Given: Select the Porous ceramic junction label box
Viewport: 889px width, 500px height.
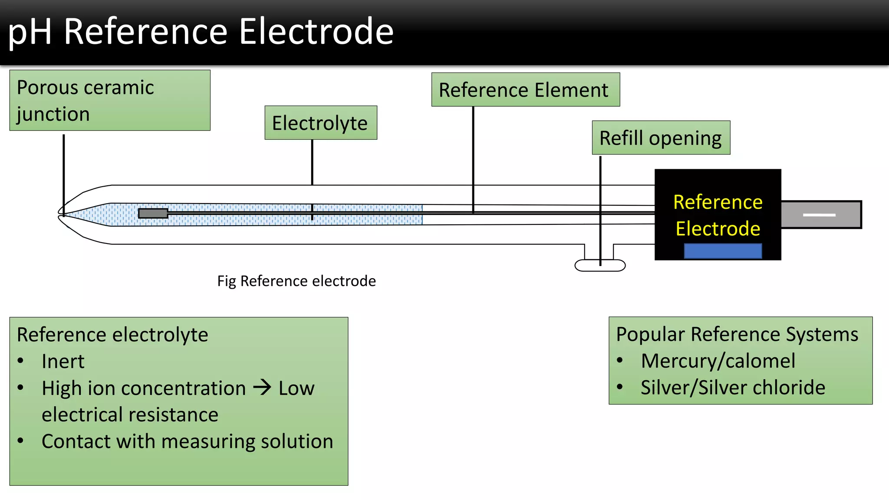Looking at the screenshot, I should click(110, 100).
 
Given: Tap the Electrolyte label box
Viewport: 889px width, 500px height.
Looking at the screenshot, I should click(321, 123).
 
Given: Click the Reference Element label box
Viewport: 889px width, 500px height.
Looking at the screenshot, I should click(525, 90).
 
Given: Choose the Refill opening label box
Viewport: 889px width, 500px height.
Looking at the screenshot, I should click(661, 138).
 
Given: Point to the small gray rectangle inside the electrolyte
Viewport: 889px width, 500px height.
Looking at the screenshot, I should click(153, 213).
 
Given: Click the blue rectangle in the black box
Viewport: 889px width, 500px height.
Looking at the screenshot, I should click(723, 251).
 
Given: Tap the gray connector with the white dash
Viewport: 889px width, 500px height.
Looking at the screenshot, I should click(820, 214).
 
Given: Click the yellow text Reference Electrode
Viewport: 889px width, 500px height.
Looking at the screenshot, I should click(718, 215).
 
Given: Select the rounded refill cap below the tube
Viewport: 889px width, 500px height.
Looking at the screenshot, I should click(600, 266).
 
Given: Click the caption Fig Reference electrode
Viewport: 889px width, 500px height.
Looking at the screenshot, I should click(296, 281).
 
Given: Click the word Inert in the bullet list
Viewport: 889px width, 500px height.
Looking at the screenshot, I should click(63, 362).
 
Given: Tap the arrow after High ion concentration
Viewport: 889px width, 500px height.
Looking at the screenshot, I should click(262, 387).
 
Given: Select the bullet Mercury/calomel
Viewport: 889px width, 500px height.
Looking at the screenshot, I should click(718, 361).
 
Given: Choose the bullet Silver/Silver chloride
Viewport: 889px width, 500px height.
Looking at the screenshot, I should click(733, 388).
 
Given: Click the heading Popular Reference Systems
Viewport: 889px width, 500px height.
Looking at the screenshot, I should click(737, 335).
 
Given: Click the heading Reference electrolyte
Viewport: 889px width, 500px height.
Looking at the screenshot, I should click(112, 335).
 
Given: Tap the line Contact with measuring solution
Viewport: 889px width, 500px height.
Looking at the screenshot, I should click(187, 441).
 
